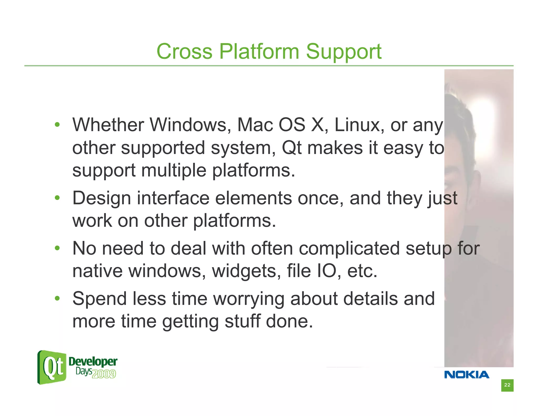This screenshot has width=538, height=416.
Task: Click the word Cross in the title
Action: click(x=184, y=52)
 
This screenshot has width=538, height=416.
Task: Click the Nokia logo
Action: click(x=467, y=374)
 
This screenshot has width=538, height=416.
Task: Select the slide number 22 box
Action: click(x=507, y=385)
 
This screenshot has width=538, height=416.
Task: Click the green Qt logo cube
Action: click(x=52, y=367)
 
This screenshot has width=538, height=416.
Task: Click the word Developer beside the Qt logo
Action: click(x=93, y=362)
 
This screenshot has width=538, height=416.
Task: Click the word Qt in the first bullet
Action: click(x=291, y=148)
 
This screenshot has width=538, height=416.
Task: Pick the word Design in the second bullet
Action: click(x=101, y=198)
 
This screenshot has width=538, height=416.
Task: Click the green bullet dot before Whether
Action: click(x=57, y=125)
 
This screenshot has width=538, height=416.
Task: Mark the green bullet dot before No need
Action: click(x=57, y=248)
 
